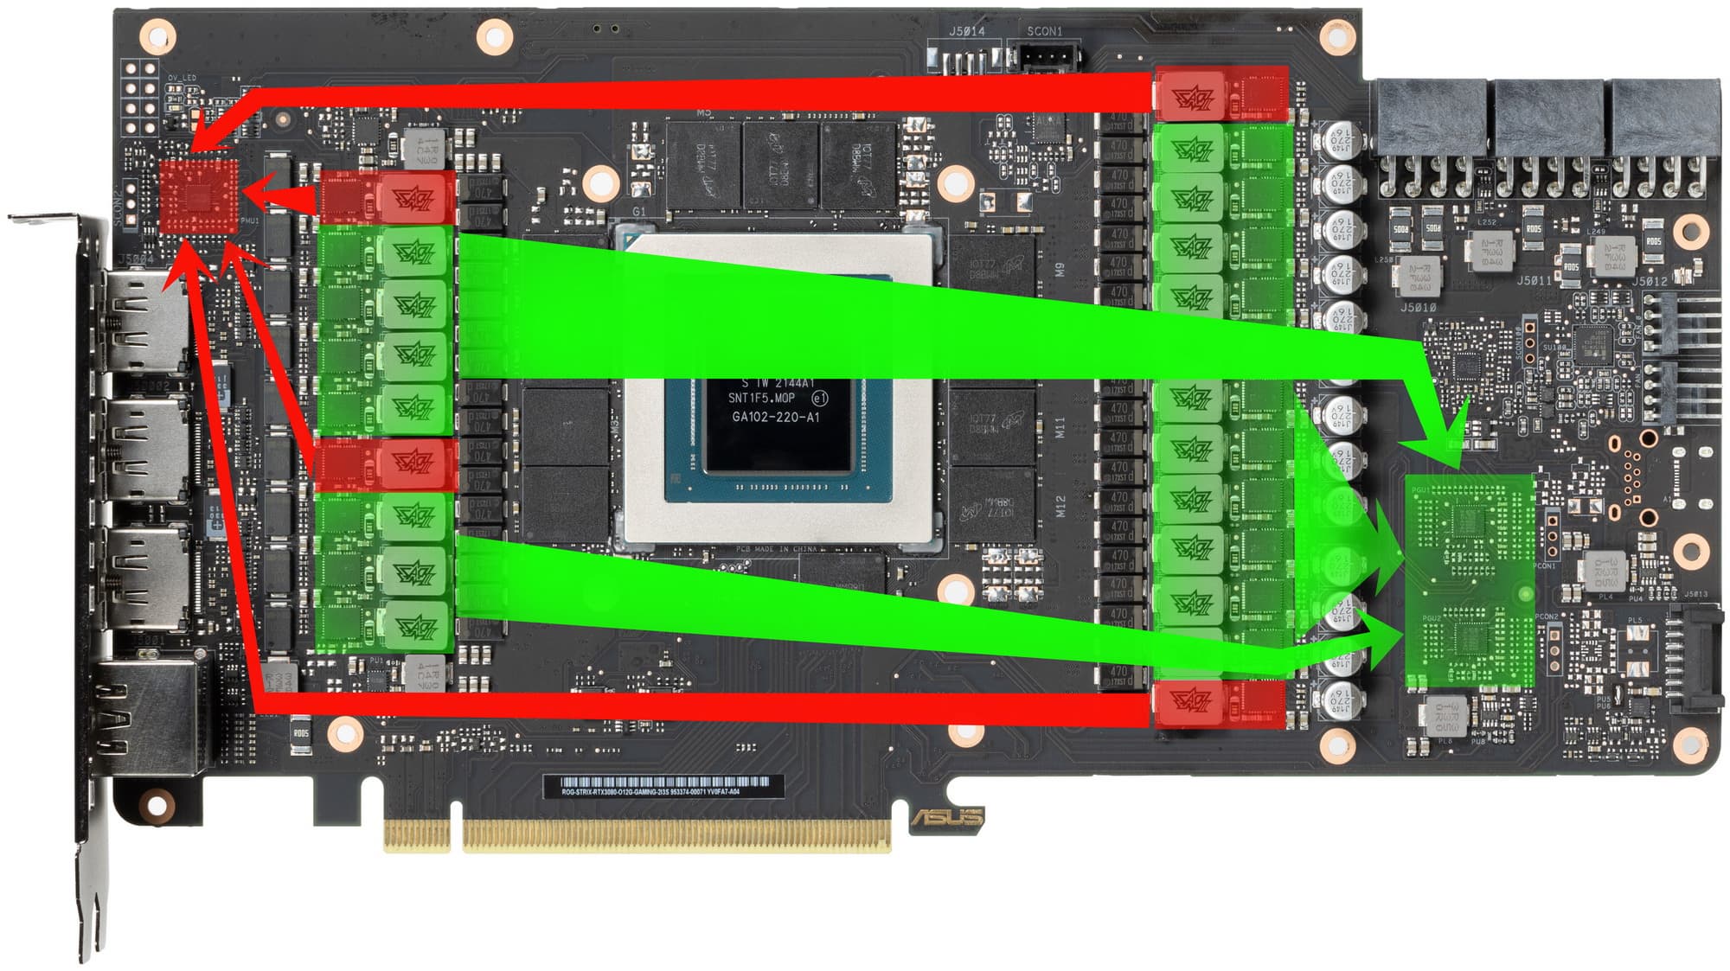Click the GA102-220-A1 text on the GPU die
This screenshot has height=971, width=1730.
pyautogui.click(x=775, y=417)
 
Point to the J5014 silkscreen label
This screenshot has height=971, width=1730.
pyautogui.click(x=966, y=31)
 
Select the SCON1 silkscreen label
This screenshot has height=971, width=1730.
pyautogui.click(x=1044, y=31)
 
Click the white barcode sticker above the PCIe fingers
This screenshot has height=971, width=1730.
pyautogui.click(x=663, y=786)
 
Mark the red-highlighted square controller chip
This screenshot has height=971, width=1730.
pyautogui.click(x=199, y=196)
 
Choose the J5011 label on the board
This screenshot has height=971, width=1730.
pyautogui.click(x=1534, y=280)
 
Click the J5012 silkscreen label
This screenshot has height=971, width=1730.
pyautogui.click(x=1649, y=280)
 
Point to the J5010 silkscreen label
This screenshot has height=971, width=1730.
pyautogui.click(x=1418, y=307)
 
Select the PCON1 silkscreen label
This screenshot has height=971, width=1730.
pyautogui.click(x=1545, y=566)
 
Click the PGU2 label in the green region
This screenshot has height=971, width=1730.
pyautogui.click(x=1432, y=618)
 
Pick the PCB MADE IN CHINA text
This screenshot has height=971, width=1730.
pyautogui.click(x=776, y=549)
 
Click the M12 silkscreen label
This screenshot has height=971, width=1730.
pyautogui.click(x=1060, y=506)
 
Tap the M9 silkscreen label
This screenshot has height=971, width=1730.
pyautogui.click(x=1060, y=269)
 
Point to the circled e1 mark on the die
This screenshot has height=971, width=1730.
pyautogui.click(x=819, y=399)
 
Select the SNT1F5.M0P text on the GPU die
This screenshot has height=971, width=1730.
pyautogui.click(x=761, y=399)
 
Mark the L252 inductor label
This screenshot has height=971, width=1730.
pyautogui.click(x=1486, y=222)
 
